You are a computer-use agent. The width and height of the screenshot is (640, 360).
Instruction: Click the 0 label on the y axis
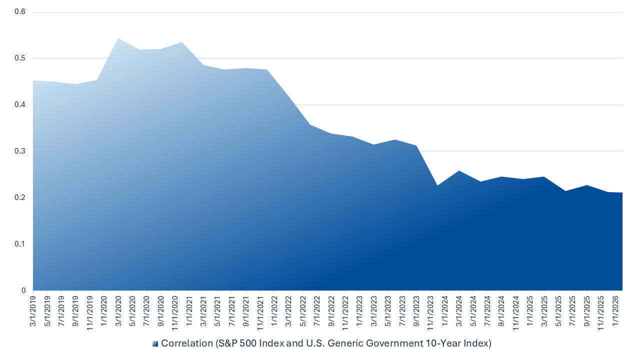[23, 290]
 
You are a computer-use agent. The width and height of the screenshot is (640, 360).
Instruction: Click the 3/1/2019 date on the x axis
[33, 311]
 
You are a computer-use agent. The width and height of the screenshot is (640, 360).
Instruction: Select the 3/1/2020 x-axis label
[118, 311]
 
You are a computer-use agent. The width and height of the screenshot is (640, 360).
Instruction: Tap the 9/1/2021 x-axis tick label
[246, 311]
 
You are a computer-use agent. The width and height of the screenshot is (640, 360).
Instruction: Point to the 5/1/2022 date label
[302, 311]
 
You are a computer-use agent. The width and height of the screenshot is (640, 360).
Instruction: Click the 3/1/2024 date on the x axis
[459, 311]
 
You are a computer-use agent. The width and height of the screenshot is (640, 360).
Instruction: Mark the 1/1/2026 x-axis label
[615, 311]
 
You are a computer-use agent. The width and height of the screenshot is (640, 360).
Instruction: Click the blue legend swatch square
[155, 343]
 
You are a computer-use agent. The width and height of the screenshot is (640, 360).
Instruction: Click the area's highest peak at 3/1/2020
[118, 38]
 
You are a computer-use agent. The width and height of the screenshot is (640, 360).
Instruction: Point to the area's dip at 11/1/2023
[437, 185]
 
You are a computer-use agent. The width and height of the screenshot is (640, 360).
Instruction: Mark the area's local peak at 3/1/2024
[459, 171]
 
